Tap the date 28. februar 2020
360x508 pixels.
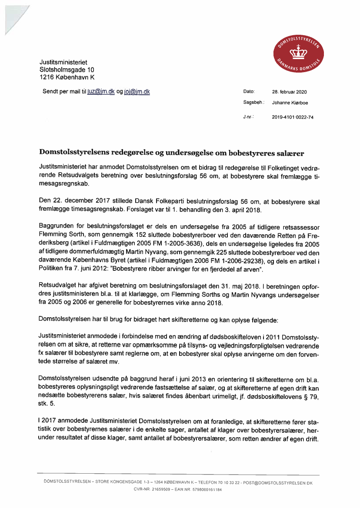[x=289, y=92]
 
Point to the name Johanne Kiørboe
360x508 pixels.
[x=290, y=103]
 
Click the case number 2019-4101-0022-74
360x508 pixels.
[x=293, y=117]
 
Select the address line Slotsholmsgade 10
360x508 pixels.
[x=67, y=70]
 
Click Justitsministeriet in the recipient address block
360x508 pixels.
[x=63, y=62]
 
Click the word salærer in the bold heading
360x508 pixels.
[x=290, y=153]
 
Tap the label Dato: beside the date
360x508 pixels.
[x=249, y=92]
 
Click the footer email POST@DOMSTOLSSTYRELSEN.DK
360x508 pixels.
[x=278, y=483]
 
